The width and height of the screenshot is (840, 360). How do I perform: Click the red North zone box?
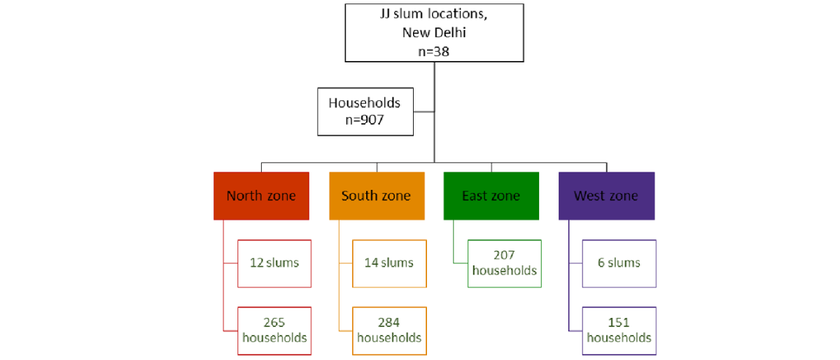click(x=261, y=196)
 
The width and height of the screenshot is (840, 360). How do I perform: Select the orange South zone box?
click(x=377, y=196)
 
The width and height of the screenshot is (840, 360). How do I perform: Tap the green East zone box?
click(x=491, y=196)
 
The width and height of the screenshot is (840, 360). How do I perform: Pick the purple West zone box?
click(x=607, y=196)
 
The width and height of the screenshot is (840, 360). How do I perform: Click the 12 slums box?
click(x=274, y=263)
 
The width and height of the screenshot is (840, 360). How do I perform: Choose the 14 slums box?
click(x=390, y=263)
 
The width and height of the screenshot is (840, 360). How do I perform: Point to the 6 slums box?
click(x=619, y=263)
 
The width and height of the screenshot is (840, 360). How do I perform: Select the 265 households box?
click(x=274, y=331)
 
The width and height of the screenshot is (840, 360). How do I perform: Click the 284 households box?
click(x=390, y=331)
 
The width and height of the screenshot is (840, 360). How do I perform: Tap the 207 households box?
click(x=505, y=263)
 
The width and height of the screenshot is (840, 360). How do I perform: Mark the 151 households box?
click(x=619, y=331)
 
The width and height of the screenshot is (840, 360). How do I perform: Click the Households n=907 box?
click(x=365, y=112)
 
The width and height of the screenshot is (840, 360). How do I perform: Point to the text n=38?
click(x=434, y=51)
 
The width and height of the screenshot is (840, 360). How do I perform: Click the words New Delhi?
click(x=434, y=33)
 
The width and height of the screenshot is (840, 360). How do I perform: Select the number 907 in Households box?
click(x=372, y=120)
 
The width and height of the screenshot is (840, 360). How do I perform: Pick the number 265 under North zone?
click(x=274, y=322)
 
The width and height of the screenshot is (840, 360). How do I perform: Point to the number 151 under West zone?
click(x=619, y=322)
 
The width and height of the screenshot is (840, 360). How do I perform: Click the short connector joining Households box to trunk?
click(x=424, y=111)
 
